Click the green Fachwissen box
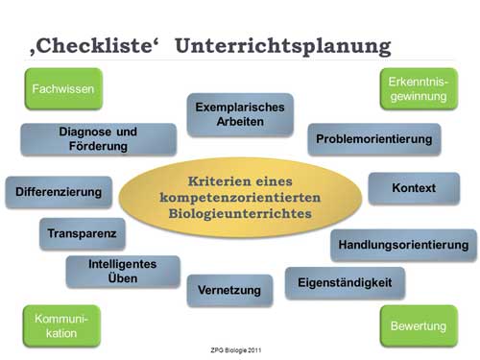click(62, 89)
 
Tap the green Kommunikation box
click(61, 326)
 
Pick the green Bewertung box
click(418, 326)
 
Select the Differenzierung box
click(59, 192)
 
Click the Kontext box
click(414, 188)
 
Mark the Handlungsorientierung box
click(403, 246)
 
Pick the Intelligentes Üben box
click(122, 272)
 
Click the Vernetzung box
click(229, 289)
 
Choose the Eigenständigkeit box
click(345, 283)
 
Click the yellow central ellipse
click(236, 197)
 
